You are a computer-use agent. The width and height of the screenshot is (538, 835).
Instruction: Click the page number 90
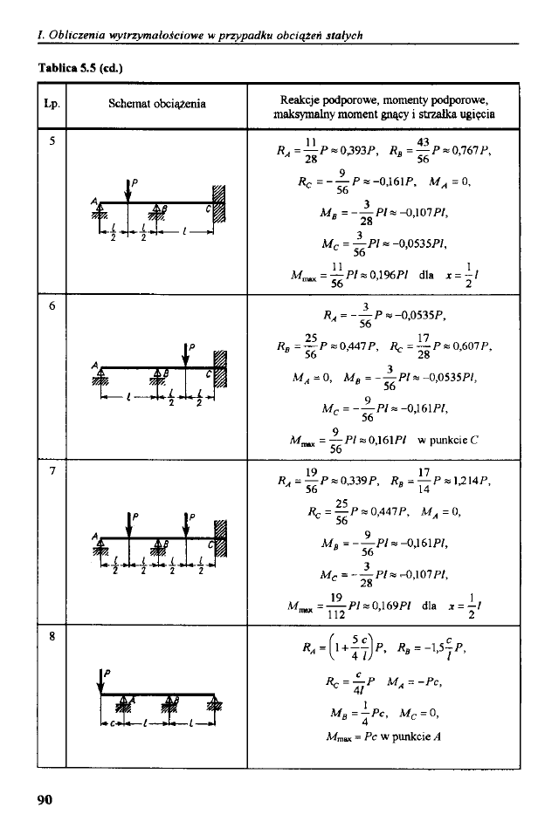click(x=45, y=799)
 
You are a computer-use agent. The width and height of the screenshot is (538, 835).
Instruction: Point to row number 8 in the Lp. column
click(x=52, y=636)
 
